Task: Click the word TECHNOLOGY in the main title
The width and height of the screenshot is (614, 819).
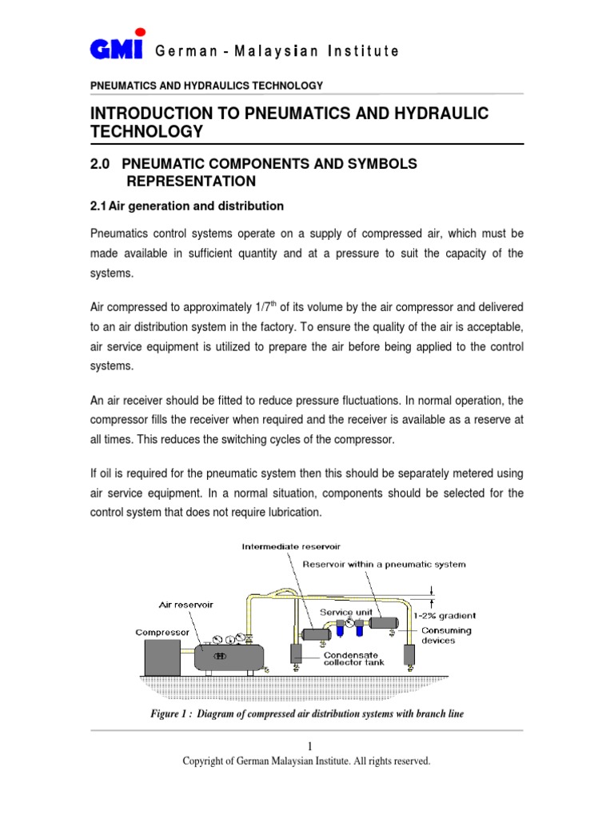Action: [146, 131]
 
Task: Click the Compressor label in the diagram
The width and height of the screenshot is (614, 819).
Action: [161, 632]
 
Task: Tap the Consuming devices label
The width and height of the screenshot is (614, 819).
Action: [447, 635]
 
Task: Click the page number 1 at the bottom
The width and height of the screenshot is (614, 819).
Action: [307, 745]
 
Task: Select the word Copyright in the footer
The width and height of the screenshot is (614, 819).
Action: [205, 761]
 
